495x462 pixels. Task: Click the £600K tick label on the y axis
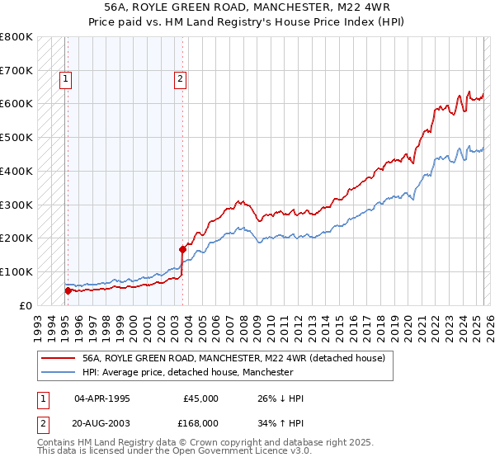(x=16, y=104)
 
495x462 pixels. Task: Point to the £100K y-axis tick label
(x=16, y=271)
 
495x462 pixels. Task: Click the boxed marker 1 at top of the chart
(x=65, y=79)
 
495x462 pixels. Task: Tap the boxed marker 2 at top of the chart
(x=180, y=79)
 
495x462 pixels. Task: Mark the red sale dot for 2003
(x=182, y=248)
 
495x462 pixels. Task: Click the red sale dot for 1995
(x=68, y=290)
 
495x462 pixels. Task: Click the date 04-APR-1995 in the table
(x=102, y=398)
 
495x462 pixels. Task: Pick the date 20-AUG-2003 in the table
(x=102, y=422)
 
